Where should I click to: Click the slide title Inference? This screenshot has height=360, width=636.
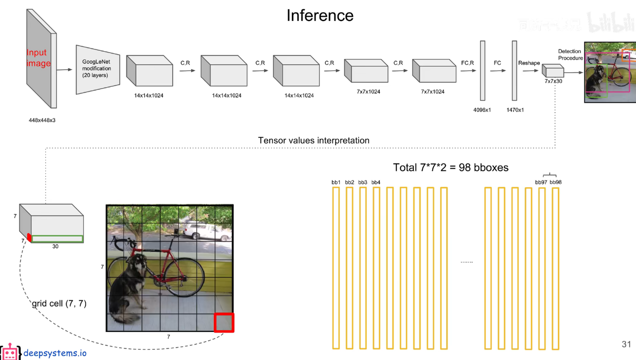point(320,15)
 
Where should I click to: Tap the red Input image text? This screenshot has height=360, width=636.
point(38,58)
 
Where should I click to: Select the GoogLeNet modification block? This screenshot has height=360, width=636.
point(97,69)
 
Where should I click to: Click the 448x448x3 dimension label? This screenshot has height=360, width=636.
point(42,120)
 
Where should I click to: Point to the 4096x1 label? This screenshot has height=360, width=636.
point(482,110)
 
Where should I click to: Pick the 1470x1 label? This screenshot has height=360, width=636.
point(515,110)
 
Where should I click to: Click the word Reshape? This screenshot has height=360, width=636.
point(529,63)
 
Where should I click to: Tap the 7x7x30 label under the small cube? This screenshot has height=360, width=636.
point(553,81)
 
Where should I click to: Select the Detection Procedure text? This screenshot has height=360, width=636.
point(570,55)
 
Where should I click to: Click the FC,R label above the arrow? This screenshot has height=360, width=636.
point(468,63)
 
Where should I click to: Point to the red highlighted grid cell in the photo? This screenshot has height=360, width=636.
point(224,322)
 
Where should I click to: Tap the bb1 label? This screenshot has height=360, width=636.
point(336,182)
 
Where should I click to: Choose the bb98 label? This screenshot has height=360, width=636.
point(556,182)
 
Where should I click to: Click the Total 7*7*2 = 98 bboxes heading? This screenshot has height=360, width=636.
point(451,167)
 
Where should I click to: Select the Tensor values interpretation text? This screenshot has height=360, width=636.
point(314,140)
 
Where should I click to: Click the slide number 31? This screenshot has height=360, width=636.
point(626,344)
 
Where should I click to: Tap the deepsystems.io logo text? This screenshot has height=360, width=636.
point(55,353)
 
